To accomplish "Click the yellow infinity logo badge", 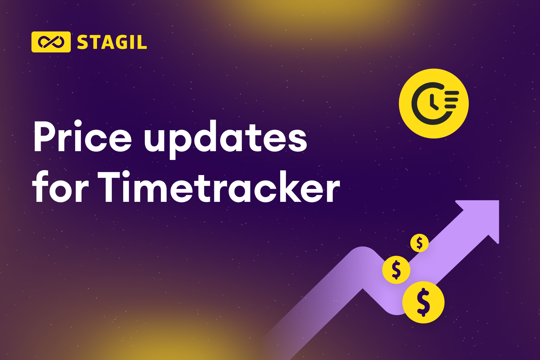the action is coord(51,42).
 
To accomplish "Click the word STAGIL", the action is coord(112,43).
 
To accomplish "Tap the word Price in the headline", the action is coord(83,136).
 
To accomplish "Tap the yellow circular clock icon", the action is coord(434,103).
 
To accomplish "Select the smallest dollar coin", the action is coord(419,243).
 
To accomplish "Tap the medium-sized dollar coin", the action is coord(396,270).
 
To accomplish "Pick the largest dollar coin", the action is coord(423,302).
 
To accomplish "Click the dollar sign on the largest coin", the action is coord(423,302).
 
